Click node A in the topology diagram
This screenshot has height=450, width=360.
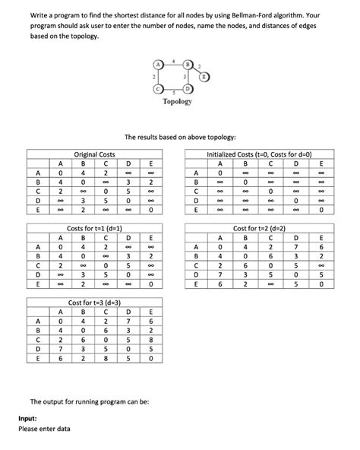pos(156,65)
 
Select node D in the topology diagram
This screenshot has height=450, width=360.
pos(188,88)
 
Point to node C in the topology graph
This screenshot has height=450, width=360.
pos(156,88)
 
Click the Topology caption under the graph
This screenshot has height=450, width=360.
pos(177,101)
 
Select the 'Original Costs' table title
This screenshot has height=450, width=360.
pos(94,154)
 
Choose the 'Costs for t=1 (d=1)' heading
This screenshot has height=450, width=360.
pos(95,229)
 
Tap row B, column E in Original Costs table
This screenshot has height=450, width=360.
pos(151,182)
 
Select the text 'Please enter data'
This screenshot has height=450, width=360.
pos(45,429)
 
